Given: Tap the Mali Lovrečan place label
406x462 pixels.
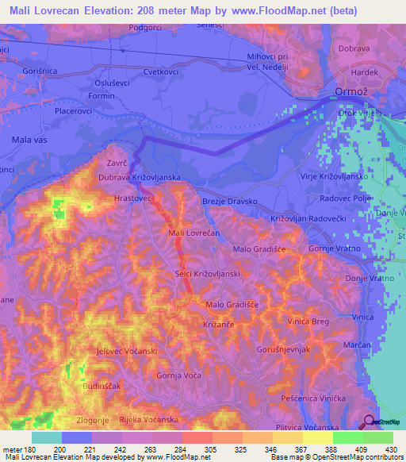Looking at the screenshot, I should tap(194, 233).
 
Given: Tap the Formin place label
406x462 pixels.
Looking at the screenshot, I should tap(102, 97).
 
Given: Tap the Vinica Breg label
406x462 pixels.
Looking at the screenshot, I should tap(308, 321).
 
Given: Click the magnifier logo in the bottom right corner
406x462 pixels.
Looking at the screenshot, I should tap(370, 422).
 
